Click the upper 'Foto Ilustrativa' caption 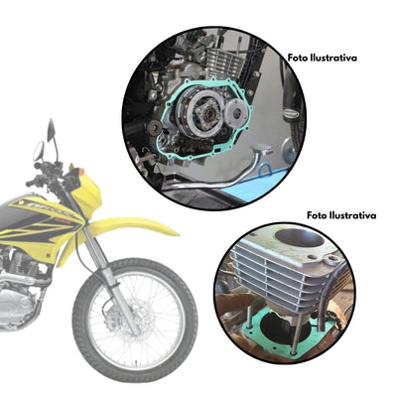tap(323, 59)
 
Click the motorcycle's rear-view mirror tap(38, 151)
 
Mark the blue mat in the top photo tap(266, 179)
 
